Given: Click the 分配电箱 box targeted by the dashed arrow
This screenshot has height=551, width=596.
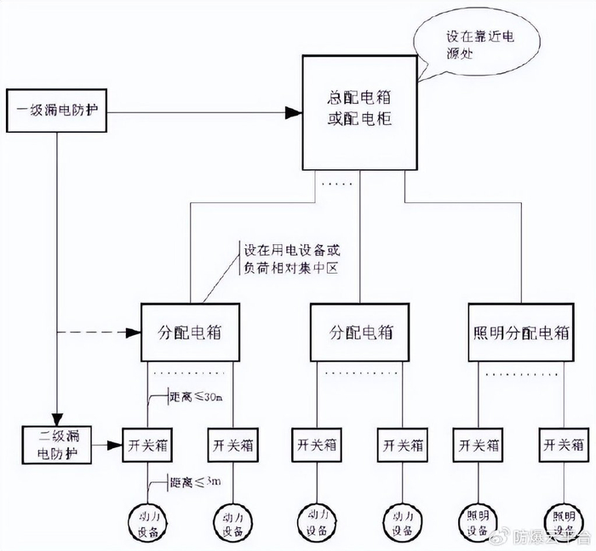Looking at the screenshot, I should [190, 332].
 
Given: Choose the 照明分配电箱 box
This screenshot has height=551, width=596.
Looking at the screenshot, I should [520, 332].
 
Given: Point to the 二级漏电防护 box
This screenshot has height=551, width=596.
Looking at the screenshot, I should [56, 445].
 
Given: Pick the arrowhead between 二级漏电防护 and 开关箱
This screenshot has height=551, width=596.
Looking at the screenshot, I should [114, 445].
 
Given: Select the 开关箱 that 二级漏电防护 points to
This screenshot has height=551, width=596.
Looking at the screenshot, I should [148, 445].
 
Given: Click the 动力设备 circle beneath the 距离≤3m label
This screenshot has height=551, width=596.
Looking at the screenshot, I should [148, 521].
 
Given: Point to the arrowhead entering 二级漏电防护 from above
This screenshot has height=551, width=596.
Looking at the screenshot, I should [57, 419].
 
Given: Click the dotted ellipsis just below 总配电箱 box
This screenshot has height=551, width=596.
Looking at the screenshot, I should [333, 182].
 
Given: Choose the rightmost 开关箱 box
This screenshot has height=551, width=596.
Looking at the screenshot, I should [563, 445].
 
